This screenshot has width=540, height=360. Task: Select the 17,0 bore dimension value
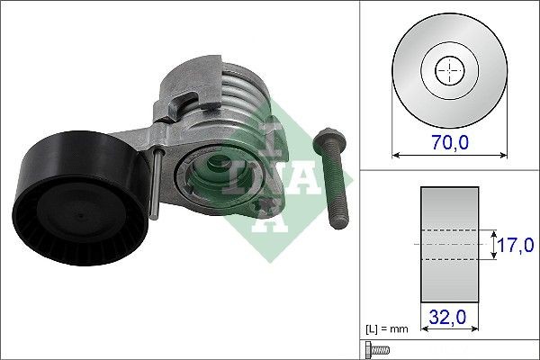coord(517,244)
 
